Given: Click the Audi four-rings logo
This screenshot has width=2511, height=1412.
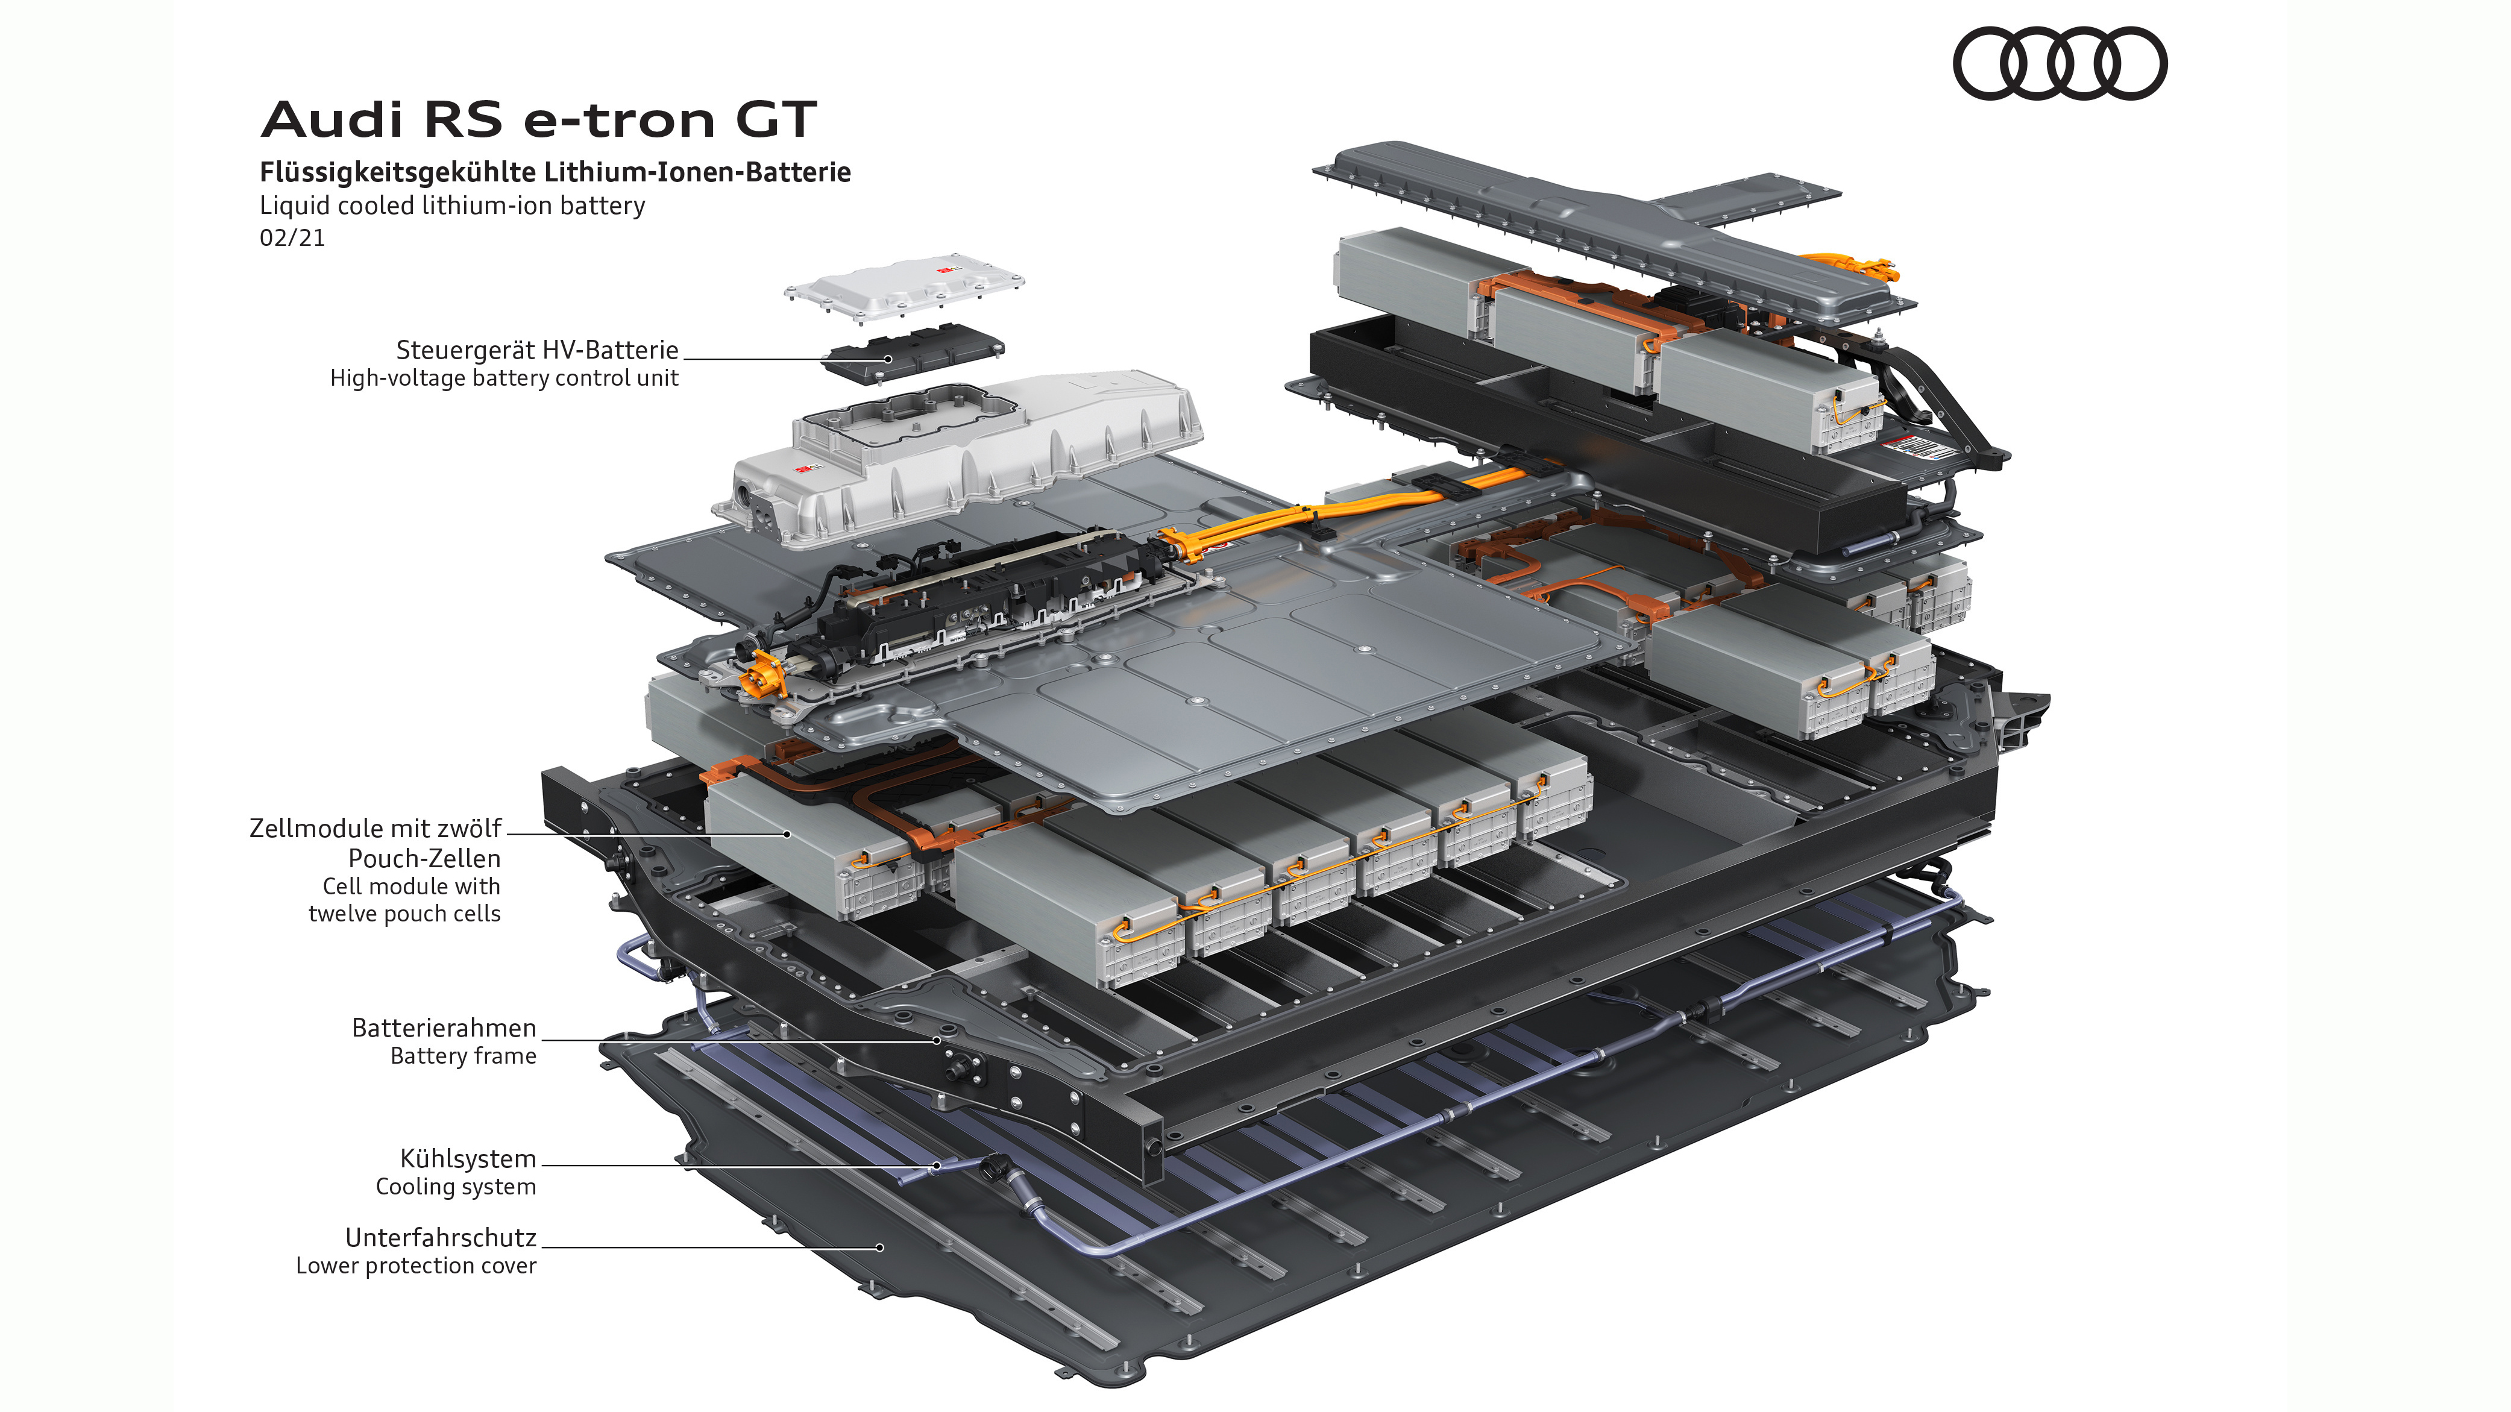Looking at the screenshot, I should point(2059,63).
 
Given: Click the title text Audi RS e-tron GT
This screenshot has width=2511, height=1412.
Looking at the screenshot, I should point(538,120).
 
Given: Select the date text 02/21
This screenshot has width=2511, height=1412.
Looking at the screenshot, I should point(292,238).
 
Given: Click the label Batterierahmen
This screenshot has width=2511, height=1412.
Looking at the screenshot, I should point(444,1028).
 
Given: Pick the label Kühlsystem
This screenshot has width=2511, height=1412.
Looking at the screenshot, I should point(468,1159).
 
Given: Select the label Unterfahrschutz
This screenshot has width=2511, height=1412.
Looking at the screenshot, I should point(441,1238).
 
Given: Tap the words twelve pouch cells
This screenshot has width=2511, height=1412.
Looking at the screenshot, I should point(404,914).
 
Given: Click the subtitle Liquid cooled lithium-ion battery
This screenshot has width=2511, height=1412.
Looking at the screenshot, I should point(451,206).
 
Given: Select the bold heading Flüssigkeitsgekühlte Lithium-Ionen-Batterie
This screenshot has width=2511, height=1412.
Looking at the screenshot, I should point(555,172).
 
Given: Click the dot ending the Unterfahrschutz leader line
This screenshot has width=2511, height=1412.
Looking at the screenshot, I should point(879,1247).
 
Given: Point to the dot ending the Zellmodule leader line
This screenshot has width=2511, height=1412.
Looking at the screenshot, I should point(787,834).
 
